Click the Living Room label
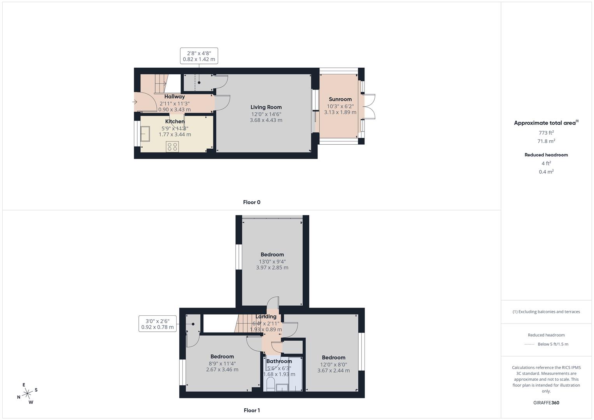point(266,107)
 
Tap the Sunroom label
point(340,99)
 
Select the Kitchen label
point(175,121)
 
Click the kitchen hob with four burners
point(172,147)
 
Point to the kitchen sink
point(145,134)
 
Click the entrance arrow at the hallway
point(135,102)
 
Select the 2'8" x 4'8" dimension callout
point(199,56)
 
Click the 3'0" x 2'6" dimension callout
point(158,324)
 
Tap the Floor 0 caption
point(252,202)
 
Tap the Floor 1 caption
point(252,410)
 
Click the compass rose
point(27,394)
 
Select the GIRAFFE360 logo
point(546,403)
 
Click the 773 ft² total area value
point(546,133)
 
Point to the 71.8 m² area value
point(546,141)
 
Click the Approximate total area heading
point(546,123)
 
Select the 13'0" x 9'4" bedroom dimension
point(272,262)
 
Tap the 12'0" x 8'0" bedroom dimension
point(334,365)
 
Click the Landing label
point(266,317)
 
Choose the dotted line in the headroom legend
point(529,345)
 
